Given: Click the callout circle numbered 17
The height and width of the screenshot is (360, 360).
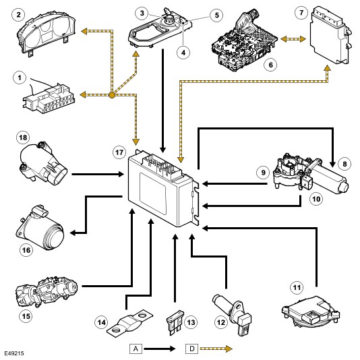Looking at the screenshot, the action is coord(119,152).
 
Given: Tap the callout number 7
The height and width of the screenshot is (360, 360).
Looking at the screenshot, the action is coord(301,12).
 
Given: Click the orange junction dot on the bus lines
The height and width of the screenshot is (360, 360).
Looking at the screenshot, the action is coord(112,95).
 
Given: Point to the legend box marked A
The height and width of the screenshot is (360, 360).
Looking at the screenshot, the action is coord(136,349).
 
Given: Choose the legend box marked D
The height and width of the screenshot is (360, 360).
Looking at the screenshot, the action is coord(191,349).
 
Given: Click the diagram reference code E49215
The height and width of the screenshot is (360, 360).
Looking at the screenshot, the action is coord(14,353).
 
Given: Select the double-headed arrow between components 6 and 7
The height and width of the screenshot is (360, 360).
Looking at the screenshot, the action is coord(293,39).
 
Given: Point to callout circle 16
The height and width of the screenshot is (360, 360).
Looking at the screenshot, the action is coord(26,250).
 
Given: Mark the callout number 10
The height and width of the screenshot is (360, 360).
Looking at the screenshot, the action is coord(316,199).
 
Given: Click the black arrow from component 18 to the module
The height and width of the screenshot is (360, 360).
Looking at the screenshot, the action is coord(98,174).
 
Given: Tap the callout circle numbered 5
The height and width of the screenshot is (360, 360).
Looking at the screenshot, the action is coord(216,15).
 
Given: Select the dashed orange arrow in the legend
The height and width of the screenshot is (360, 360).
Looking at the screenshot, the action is coord(216,349).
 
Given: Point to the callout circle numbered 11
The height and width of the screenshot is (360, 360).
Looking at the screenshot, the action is coord(297,287).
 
